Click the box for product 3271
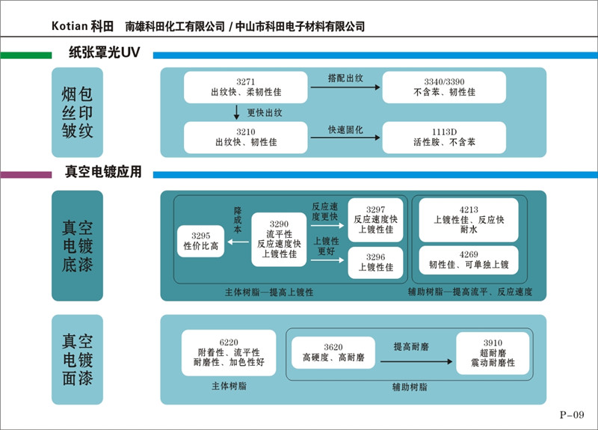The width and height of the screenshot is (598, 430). tap(245, 87)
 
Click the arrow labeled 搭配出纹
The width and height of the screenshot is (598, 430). tap(345, 87)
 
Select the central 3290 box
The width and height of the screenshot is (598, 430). tap(278, 239)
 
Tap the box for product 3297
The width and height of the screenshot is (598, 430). tap(375, 219)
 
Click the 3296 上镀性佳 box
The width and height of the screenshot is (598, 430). tap(375, 262)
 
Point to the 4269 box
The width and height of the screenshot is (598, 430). tap(469, 260)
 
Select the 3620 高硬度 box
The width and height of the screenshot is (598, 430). tap(333, 352)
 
